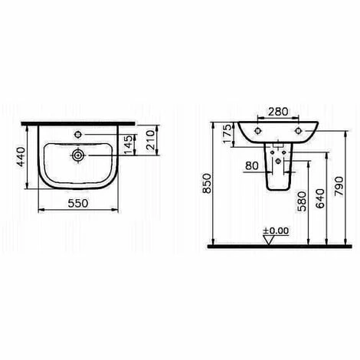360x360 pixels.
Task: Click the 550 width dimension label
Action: pyautogui.click(x=78, y=203)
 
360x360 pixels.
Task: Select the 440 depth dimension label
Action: pyautogui.click(x=21, y=156)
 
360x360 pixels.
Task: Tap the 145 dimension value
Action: pyautogui.click(x=129, y=145)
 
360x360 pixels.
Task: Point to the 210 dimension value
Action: pyautogui.click(x=151, y=140)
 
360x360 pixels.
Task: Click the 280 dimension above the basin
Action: pyautogui.click(x=278, y=112)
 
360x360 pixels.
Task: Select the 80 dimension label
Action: pyautogui.click(x=252, y=165)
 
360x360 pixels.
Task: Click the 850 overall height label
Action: pyautogui.click(x=207, y=183)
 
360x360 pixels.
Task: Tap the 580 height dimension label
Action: pyautogui.click(x=303, y=201)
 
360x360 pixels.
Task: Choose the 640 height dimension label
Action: pyautogui.click(x=320, y=198)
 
